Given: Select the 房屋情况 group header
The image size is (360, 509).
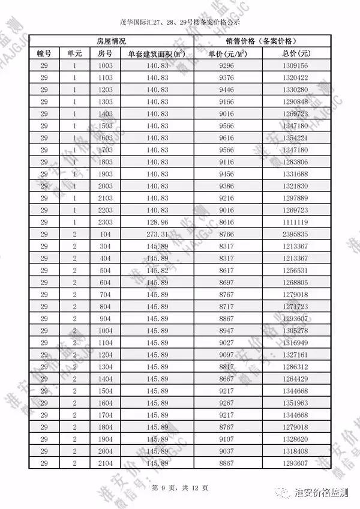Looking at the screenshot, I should (111, 41).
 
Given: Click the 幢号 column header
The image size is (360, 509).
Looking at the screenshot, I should (44, 53).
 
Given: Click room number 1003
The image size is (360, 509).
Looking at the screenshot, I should (105, 65).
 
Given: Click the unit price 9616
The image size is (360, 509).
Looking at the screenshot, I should (227, 137).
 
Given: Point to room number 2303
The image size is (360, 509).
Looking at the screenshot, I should (105, 222).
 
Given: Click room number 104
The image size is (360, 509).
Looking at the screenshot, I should (105, 234).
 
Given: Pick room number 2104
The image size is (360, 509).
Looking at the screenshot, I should (105, 463).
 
